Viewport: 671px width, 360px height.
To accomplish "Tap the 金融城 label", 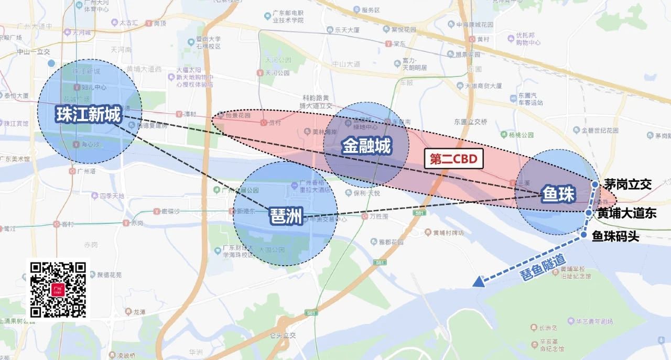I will coord(366,147).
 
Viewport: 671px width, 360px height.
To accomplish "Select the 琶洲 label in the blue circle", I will coord(286,216).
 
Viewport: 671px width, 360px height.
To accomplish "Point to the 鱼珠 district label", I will coord(559,195).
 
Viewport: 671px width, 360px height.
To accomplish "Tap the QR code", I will coord(58,289).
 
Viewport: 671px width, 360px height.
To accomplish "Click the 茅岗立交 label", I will coord(627,184).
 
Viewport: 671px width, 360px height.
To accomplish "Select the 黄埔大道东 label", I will coord(627,214).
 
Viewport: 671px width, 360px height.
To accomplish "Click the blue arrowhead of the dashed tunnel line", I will coord(478,282).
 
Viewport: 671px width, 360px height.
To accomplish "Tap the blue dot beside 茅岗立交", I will coord(596,184).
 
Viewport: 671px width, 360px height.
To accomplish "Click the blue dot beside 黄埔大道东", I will coord(589,212).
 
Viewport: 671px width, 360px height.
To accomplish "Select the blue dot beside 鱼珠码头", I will coord(583,236).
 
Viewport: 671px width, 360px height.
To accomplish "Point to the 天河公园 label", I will coord(277,72).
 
